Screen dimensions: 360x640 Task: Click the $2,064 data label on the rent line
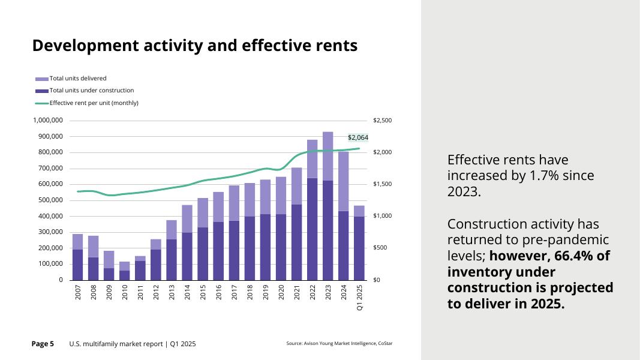tap(357, 137)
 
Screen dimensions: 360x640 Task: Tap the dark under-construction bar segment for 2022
tap(313, 229)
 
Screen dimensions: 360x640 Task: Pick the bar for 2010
tap(125, 271)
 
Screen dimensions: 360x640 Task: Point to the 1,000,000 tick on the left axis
tap(49, 121)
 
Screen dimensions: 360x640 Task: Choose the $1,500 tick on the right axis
tap(381, 184)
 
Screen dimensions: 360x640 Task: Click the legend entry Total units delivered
tap(78, 78)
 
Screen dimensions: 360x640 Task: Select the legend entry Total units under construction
tap(91, 91)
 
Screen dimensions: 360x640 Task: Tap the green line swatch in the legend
tap(42, 103)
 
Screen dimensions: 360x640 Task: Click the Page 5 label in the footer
tap(43, 344)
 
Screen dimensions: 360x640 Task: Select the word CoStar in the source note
tap(385, 344)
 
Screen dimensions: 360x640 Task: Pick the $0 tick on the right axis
tap(377, 280)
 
